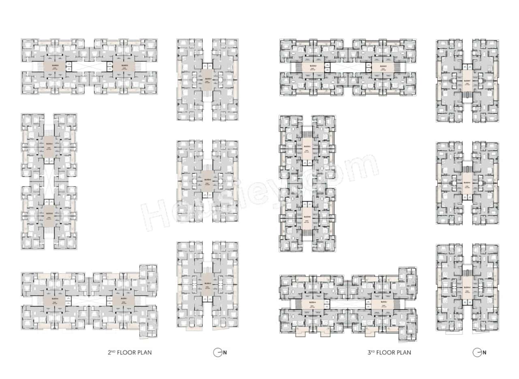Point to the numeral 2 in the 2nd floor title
109,352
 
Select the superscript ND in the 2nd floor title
114,351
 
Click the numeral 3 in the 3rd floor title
368,353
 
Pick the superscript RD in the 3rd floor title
373,351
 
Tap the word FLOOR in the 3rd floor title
385,353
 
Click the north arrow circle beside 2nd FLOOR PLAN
217,352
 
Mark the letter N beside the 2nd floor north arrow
225,353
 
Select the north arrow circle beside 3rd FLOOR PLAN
477,353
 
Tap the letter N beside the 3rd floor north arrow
484,353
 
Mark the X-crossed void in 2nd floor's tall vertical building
49,182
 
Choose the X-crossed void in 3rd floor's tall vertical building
307,182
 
